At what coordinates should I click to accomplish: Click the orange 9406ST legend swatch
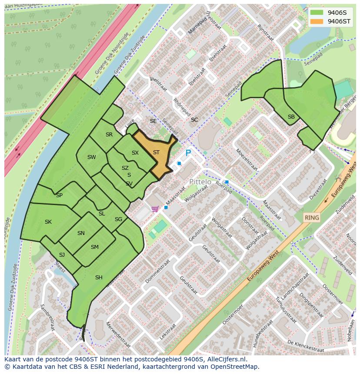pyautogui.click(x=317, y=21)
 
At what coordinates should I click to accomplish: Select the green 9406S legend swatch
pyautogui.click(x=317, y=13)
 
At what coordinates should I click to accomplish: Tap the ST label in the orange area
pyautogui.click(x=156, y=152)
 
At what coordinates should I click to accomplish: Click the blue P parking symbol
pyautogui.click(x=188, y=153)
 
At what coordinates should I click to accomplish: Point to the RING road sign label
pyautogui.click(x=311, y=218)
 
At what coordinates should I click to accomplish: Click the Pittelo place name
pyautogui.click(x=200, y=182)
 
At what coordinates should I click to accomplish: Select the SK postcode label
pyautogui.click(x=48, y=222)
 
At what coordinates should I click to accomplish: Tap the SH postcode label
pyautogui.click(x=99, y=278)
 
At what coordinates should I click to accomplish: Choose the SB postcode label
pyautogui.click(x=291, y=117)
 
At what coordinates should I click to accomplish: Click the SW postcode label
pyautogui.click(x=91, y=157)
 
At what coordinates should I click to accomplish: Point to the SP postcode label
pyautogui.click(x=59, y=195)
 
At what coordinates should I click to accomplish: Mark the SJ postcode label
pyautogui.click(x=62, y=255)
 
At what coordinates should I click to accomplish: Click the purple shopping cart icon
pyautogui.click(x=155, y=209)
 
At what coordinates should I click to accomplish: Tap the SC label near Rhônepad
pyautogui.click(x=194, y=120)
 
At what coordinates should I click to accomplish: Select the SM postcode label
pyautogui.click(x=94, y=247)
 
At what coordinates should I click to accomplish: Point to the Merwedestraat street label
pyautogui.click(x=118, y=334)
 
